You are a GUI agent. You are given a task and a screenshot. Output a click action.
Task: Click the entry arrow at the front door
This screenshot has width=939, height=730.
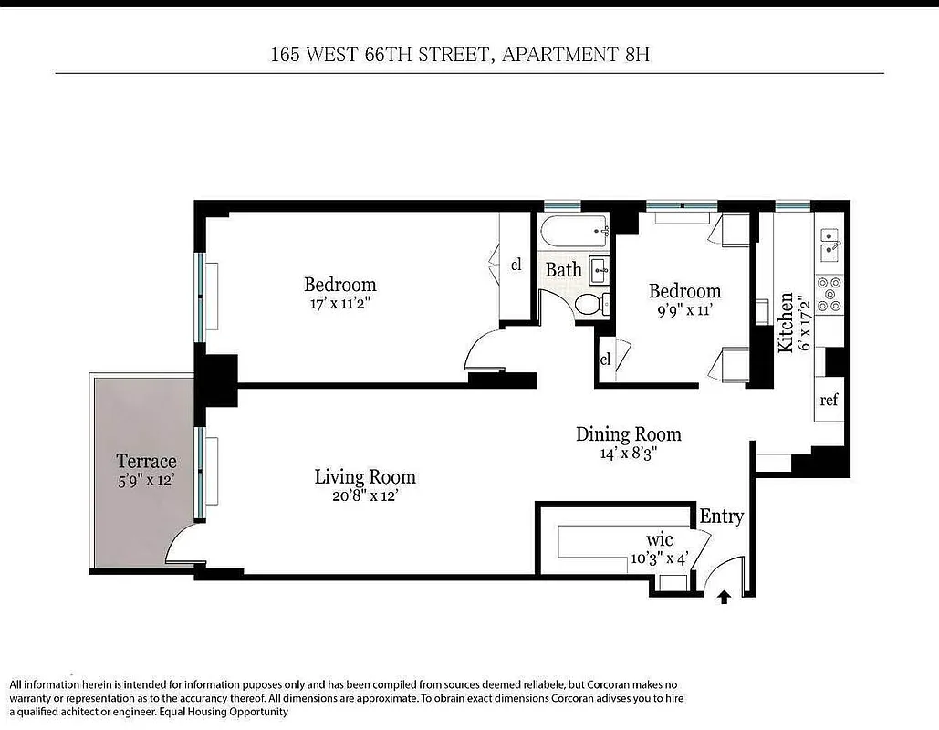(724, 598)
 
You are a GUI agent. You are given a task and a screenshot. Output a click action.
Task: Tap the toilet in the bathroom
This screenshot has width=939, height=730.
(589, 305)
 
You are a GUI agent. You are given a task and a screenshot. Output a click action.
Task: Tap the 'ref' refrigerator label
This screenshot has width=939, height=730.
(829, 401)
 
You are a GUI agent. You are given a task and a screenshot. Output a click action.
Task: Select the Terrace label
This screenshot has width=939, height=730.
(146, 461)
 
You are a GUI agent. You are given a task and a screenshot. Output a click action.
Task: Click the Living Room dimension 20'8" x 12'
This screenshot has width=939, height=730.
(364, 496)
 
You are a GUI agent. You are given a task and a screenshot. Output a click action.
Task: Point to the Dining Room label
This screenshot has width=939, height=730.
(629, 433)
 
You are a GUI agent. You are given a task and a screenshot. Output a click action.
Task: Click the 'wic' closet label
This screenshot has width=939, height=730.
(659, 539)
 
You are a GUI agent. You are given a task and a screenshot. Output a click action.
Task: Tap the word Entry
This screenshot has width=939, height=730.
(721, 516)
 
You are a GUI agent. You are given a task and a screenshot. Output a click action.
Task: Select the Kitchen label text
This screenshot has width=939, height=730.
(784, 323)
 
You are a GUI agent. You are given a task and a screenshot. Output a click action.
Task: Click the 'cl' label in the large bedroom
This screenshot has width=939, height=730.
(516, 265)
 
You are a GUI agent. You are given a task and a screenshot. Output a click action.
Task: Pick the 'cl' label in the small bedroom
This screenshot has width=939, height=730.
(605, 359)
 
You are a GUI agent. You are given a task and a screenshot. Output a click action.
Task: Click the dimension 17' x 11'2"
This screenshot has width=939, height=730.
(340, 304)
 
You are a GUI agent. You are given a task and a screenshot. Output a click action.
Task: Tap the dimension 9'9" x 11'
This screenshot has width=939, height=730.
(684, 310)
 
